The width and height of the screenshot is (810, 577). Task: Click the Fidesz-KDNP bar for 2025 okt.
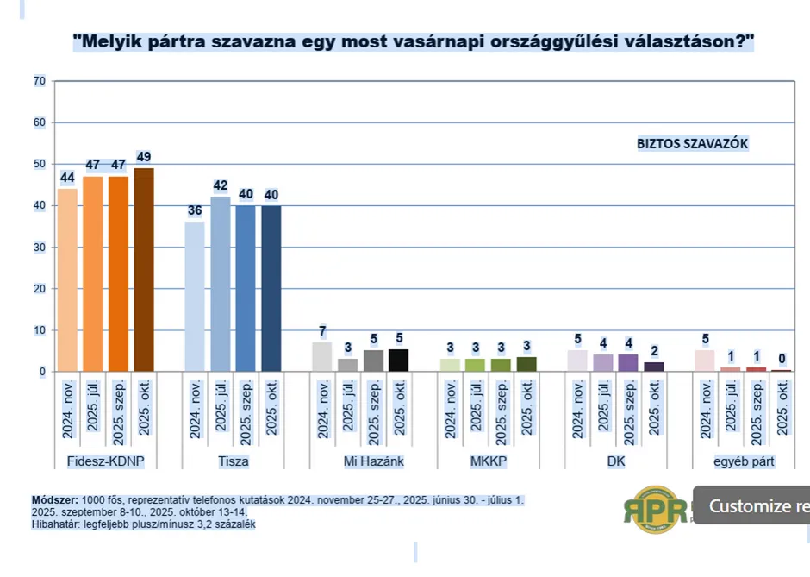click(144, 269)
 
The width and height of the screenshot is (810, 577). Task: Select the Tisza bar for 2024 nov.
click(195, 296)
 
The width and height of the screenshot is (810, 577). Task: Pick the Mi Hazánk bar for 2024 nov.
click(321, 357)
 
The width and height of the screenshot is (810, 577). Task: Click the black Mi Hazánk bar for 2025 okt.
click(398, 361)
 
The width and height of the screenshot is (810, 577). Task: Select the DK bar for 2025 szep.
click(628, 363)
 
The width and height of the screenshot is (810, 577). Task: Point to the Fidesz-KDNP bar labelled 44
click(67, 279)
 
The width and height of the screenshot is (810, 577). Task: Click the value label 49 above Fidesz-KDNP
click(144, 156)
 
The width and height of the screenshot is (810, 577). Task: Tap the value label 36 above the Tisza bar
click(195, 210)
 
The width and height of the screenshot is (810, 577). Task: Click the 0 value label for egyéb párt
click(782, 358)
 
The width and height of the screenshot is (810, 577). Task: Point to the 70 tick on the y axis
click(39, 81)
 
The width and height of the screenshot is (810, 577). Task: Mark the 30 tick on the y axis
click(39, 248)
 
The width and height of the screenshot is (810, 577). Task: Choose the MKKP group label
click(488, 461)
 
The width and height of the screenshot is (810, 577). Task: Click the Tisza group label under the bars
click(233, 461)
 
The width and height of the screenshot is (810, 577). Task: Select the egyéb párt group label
click(743, 461)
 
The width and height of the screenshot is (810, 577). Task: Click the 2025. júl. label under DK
click(603, 405)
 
